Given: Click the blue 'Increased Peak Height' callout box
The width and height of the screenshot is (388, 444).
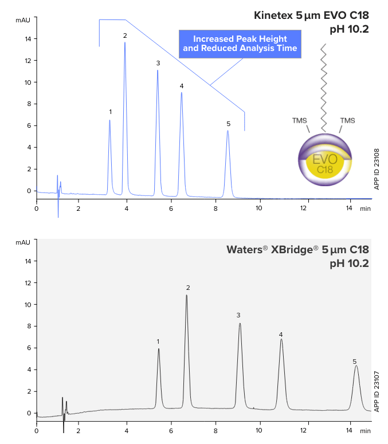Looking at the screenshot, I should click(x=240, y=44).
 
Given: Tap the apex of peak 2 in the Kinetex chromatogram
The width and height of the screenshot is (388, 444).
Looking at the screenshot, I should click(x=125, y=43).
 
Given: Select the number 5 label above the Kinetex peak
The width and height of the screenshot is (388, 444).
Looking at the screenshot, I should click(x=228, y=124).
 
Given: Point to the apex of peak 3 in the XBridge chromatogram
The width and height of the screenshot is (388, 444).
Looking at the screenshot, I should click(x=240, y=324).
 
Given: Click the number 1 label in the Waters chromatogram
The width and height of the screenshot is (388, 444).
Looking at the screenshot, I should click(x=158, y=341).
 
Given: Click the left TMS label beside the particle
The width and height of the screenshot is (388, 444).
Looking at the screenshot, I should click(x=300, y=120).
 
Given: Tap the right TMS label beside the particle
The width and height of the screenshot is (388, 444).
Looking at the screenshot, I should click(x=347, y=120).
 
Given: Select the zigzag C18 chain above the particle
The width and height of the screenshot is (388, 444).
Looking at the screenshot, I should click(x=324, y=86).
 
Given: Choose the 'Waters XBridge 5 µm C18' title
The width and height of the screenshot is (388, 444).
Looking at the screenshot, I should click(x=297, y=250).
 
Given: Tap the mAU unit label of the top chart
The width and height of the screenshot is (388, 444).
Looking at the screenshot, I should click(x=22, y=20).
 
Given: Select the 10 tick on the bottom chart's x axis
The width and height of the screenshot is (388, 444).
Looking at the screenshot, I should click(x=260, y=430).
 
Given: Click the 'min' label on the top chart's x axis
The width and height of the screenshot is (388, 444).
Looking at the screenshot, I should click(x=365, y=209).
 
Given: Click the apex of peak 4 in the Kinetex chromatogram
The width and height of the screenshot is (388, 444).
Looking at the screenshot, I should click(x=182, y=93).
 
